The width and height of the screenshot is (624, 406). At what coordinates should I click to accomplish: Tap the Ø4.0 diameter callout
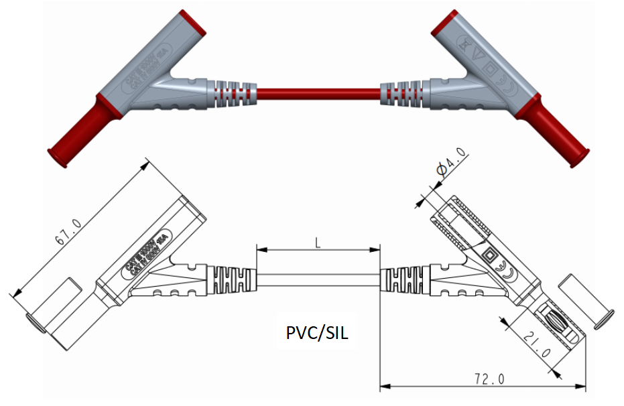point(450,167)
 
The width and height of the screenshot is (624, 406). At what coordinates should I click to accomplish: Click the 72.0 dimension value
point(489,379)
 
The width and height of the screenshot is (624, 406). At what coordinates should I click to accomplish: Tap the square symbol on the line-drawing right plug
point(491,254)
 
